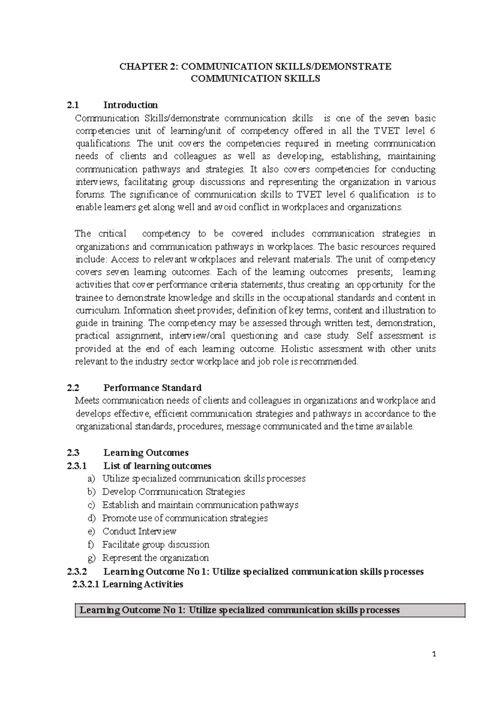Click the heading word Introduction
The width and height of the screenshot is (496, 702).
point(131,105)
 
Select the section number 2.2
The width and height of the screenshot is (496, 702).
point(73,388)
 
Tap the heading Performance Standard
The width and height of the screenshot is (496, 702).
point(153,388)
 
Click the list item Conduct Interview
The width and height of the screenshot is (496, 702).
point(139,531)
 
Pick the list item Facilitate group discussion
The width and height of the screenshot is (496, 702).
point(156,544)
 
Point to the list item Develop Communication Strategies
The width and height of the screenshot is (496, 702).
point(174,492)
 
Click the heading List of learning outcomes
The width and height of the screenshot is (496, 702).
point(157,466)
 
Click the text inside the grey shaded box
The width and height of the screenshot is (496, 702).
point(240,610)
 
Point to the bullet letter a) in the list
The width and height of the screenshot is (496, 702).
point(91,479)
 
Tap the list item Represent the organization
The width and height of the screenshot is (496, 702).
point(155,558)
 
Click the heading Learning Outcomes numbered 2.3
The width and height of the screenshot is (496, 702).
point(146,453)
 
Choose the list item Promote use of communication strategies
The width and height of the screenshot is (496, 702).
point(185,518)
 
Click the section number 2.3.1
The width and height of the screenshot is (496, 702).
point(76,466)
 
